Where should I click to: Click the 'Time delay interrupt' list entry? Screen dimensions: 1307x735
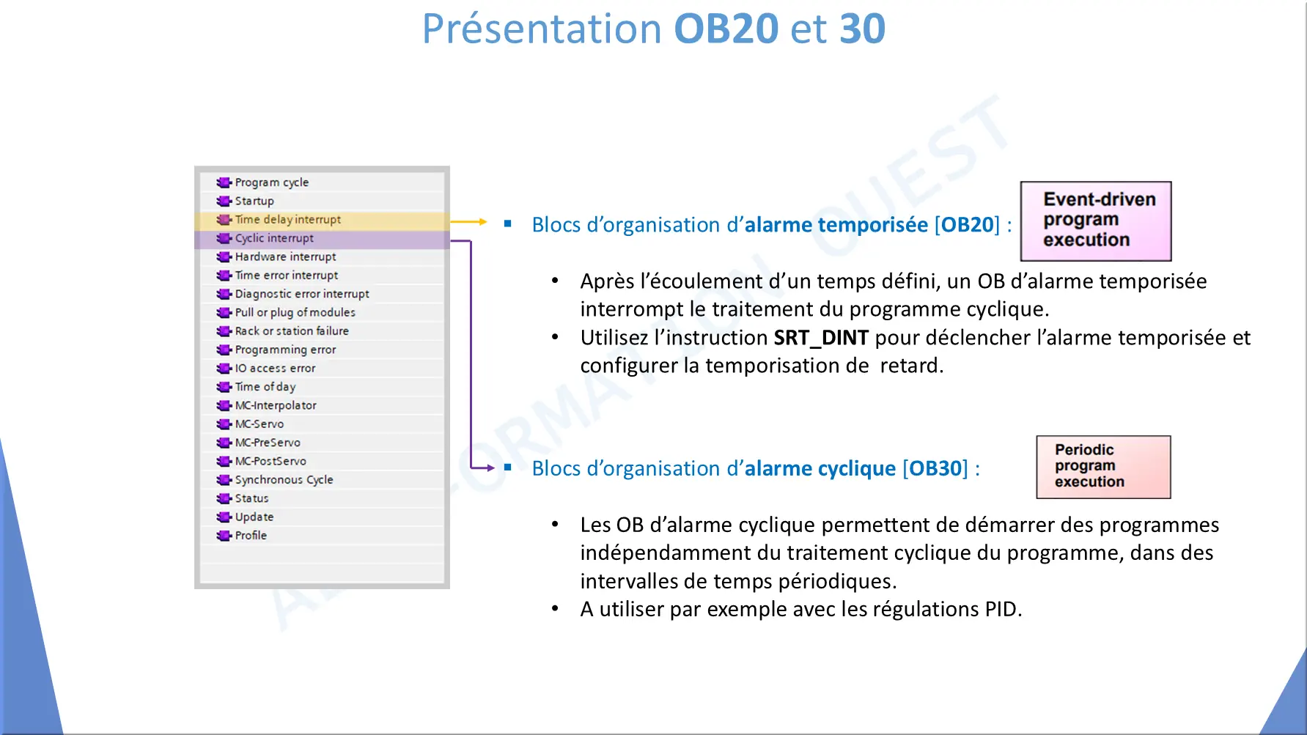click(287, 219)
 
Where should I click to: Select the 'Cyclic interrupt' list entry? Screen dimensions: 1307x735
click(274, 238)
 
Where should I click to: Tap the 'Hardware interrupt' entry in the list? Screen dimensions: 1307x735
click(285, 256)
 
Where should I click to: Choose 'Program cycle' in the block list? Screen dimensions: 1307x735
click(271, 182)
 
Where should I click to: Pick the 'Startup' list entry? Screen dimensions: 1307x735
click(254, 201)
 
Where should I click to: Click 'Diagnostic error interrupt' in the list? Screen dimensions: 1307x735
click(302, 294)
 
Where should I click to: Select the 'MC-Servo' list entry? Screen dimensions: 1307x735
click(259, 424)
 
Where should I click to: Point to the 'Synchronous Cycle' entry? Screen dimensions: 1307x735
click(284, 479)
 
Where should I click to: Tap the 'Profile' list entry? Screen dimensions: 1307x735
click(251, 535)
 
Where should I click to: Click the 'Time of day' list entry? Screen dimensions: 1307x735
click(265, 386)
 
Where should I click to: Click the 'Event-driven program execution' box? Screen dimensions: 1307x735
click(1096, 221)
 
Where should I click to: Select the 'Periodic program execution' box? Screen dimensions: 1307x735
click(1103, 467)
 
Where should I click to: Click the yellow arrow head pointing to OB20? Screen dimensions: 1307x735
click(483, 221)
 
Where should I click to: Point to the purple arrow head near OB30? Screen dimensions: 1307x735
click(491, 468)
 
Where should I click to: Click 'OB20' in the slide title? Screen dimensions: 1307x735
click(726, 29)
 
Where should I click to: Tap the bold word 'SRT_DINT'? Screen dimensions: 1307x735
click(821, 338)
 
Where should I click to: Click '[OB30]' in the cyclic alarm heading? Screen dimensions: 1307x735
click(935, 468)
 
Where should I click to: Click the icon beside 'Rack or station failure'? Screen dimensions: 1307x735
click(224, 331)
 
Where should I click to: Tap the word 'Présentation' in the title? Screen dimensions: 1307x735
click(542, 29)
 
